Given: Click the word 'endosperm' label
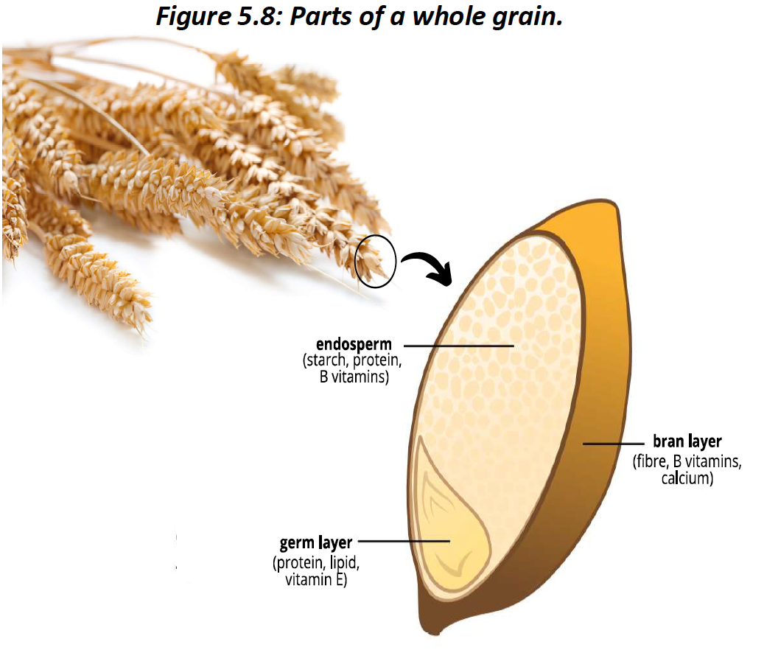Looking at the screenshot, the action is point(354,345).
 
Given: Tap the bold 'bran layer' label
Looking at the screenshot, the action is point(687,442).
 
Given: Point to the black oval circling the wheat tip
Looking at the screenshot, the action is point(376,260).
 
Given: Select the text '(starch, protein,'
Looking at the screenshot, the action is point(353,362).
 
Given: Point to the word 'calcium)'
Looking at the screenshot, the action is point(687,478).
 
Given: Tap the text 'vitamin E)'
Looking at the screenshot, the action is point(316,580).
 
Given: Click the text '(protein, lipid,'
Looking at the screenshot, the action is point(316,564).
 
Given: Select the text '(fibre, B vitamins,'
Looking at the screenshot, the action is point(687,462).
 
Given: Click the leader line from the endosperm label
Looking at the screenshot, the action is point(458,345).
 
